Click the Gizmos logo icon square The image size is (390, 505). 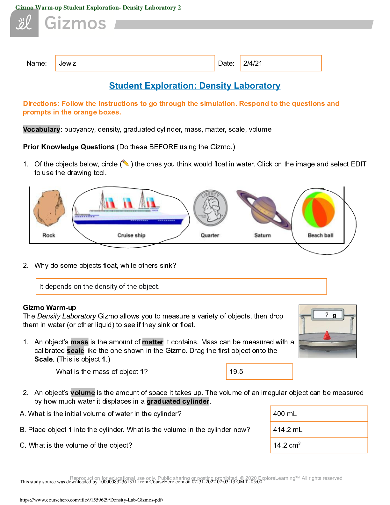click(24, 23)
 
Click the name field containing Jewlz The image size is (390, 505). click(135, 63)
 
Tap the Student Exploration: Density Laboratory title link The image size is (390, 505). click(195, 86)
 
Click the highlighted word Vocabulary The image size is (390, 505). click(41, 129)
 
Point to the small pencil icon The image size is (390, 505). click(126, 164)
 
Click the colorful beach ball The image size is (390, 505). click(318, 209)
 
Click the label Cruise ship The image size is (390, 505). click(131, 235)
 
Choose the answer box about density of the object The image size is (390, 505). click(181, 286)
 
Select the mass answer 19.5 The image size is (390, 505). click(259, 372)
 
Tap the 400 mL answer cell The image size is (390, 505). click(319, 414)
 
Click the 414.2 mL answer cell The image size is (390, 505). click(319, 430)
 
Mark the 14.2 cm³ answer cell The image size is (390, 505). click(319, 445)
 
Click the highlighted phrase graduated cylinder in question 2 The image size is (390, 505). click(178, 401)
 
